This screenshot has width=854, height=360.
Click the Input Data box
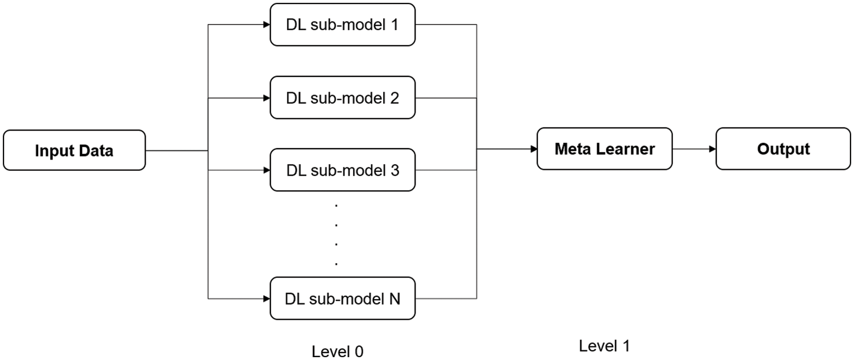[74, 150]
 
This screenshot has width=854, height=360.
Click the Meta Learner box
[605, 149]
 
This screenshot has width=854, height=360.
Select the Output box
[783, 149]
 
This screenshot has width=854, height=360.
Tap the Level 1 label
[605, 345]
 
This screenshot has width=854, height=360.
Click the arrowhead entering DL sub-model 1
[266, 25]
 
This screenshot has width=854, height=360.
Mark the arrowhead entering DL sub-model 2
[266, 97]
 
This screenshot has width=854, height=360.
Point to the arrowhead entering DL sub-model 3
[266, 170]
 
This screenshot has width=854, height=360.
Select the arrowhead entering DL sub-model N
[266, 298]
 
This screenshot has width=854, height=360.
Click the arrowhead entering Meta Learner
[533, 149]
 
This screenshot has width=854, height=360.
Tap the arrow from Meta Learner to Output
[694, 149]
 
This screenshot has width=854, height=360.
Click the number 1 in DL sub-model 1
[395, 25]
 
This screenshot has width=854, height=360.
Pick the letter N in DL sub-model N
[394, 298]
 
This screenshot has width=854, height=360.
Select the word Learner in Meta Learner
[626, 149]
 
